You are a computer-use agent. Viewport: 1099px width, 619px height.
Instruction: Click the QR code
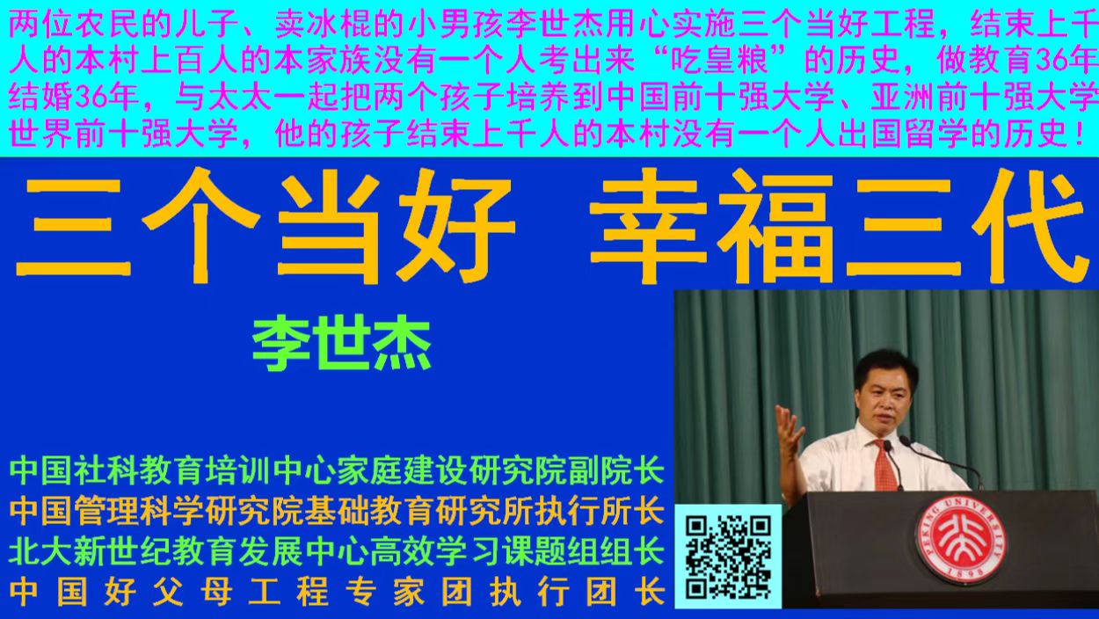(x=728, y=557)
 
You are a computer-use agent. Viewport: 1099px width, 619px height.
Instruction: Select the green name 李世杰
(x=342, y=346)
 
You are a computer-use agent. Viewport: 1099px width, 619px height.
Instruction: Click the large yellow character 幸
(x=649, y=227)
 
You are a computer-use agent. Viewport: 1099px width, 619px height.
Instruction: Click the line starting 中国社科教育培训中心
(x=337, y=471)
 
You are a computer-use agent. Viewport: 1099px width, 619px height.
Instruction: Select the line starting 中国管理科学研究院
(x=337, y=512)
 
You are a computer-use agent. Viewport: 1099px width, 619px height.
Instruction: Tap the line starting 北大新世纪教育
(x=337, y=552)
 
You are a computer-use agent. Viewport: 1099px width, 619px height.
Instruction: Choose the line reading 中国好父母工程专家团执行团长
(x=337, y=592)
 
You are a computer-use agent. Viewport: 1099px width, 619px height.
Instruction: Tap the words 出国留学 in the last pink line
(x=883, y=135)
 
